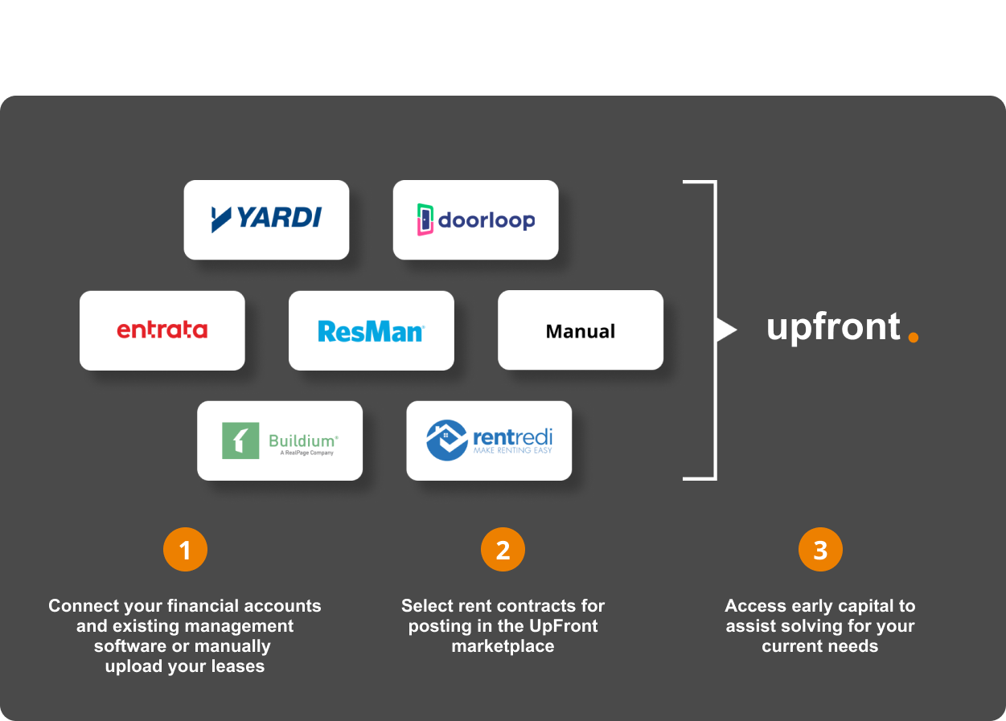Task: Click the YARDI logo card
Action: (x=266, y=219)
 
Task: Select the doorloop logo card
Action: (x=475, y=219)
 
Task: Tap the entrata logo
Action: (x=162, y=330)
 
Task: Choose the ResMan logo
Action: (x=371, y=330)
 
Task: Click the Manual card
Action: (x=580, y=330)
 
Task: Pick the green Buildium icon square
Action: (x=240, y=440)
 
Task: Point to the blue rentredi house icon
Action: (x=447, y=440)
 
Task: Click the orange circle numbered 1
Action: (x=185, y=550)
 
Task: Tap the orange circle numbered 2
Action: (x=503, y=550)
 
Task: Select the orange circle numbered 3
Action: (x=820, y=550)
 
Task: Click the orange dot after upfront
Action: (x=913, y=337)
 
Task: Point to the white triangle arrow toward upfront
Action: (x=725, y=330)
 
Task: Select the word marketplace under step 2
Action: (x=503, y=646)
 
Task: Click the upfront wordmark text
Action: (x=833, y=328)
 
